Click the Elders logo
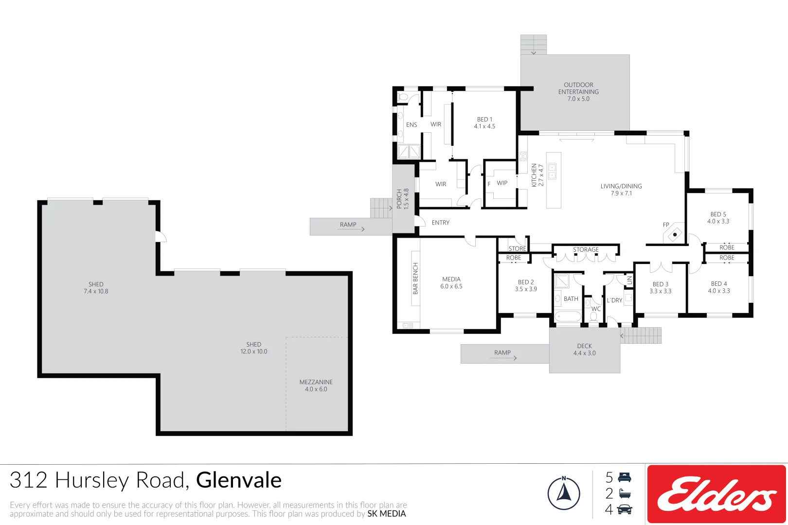point(716,494)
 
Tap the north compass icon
point(564,493)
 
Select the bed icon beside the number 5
point(625,477)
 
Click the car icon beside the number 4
point(625,509)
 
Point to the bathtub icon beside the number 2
point(625,494)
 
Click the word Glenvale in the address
point(238,480)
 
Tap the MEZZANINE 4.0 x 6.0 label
point(316,385)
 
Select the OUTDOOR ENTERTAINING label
point(578,91)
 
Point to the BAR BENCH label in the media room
point(415,278)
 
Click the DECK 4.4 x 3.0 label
point(584,350)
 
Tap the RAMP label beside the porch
point(348,225)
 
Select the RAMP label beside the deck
point(502,352)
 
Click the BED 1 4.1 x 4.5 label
point(484,122)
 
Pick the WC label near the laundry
point(596,309)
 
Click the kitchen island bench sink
point(553,171)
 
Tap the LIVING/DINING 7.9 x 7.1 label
point(621,190)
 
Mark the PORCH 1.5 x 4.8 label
point(402,199)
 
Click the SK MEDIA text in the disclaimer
point(386,514)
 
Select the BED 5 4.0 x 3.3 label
point(718,217)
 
